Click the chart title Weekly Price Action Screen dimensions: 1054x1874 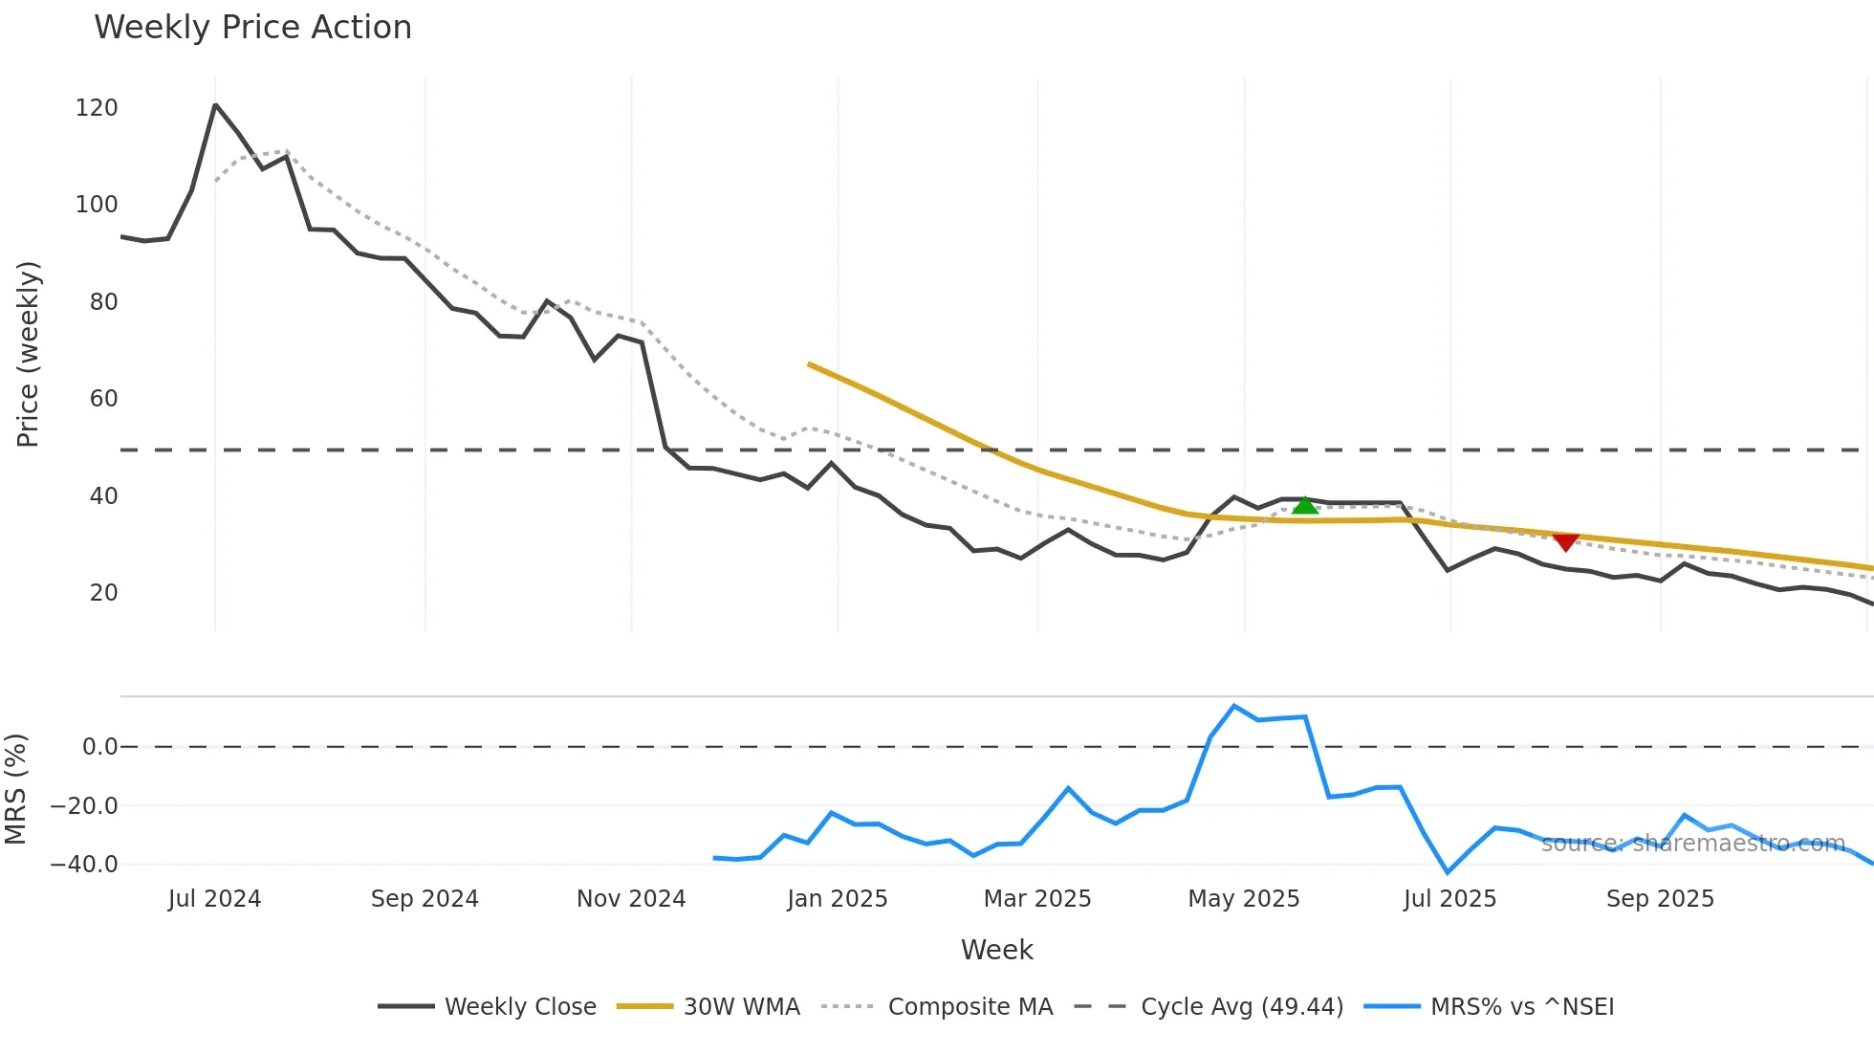point(252,28)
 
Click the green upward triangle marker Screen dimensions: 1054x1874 point(1305,505)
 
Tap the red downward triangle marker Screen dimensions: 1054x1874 point(1565,542)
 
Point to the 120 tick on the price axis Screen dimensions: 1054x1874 point(97,108)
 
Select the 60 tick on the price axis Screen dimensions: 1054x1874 point(103,399)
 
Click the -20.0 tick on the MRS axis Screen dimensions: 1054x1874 point(84,806)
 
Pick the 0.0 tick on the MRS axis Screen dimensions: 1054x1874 point(99,747)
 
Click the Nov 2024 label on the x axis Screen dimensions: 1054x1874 point(631,899)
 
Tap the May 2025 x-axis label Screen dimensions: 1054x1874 point(1243,899)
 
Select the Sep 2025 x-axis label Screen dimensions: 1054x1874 point(1660,899)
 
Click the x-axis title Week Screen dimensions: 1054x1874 point(996,950)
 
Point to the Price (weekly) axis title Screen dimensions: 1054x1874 point(28,354)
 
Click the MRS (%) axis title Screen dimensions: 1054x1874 point(16,789)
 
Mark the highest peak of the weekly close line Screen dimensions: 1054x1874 point(215,105)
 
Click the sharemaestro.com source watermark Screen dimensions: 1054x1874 point(1692,844)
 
